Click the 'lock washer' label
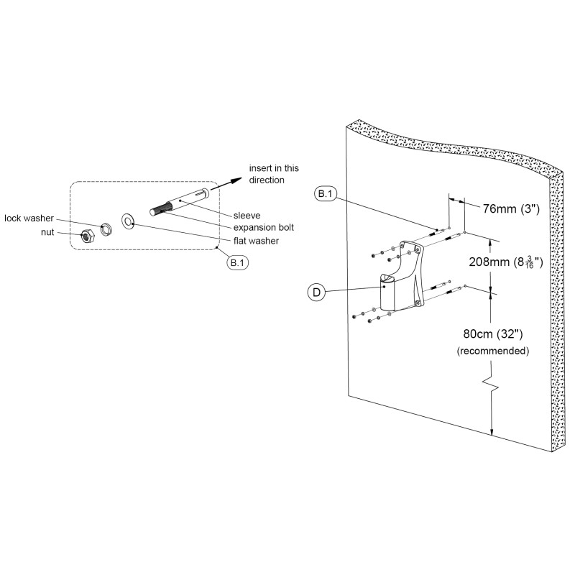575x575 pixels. [x=28, y=218]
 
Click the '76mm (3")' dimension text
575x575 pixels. [x=511, y=209]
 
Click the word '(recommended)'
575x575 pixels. [x=493, y=351]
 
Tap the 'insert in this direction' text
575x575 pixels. [x=274, y=174]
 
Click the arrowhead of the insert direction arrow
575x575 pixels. [x=236, y=180]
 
